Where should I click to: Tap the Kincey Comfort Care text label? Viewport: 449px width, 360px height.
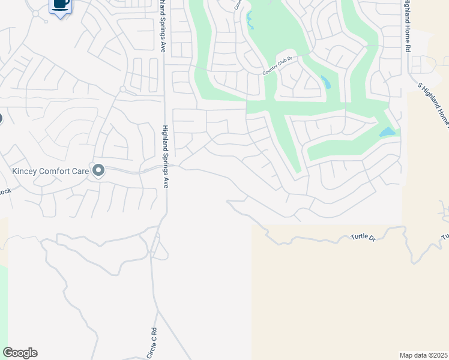click(x=50, y=171)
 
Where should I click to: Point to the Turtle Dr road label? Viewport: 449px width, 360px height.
click(x=363, y=238)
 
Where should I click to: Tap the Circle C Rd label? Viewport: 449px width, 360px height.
click(x=152, y=344)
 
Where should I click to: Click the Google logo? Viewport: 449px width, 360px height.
click(x=20, y=353)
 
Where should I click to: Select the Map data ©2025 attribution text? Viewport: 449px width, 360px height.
click(x=423, y=355)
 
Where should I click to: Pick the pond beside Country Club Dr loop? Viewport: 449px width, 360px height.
click(x=325, y=82)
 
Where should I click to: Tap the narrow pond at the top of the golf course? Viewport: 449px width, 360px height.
click(x=249, y=22)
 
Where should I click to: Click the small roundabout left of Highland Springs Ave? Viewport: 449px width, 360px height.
click(x=122, y=89)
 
